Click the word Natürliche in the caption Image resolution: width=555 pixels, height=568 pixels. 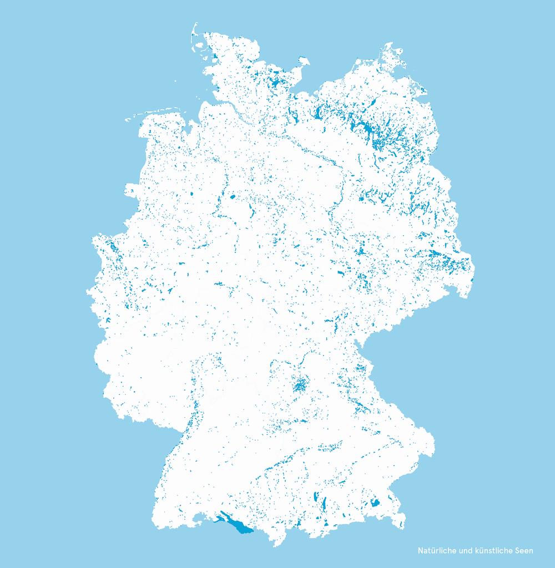click(436, 551)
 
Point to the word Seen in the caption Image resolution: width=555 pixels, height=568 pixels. click(523, 551)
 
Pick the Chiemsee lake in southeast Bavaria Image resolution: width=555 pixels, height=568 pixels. click(375, 503)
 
